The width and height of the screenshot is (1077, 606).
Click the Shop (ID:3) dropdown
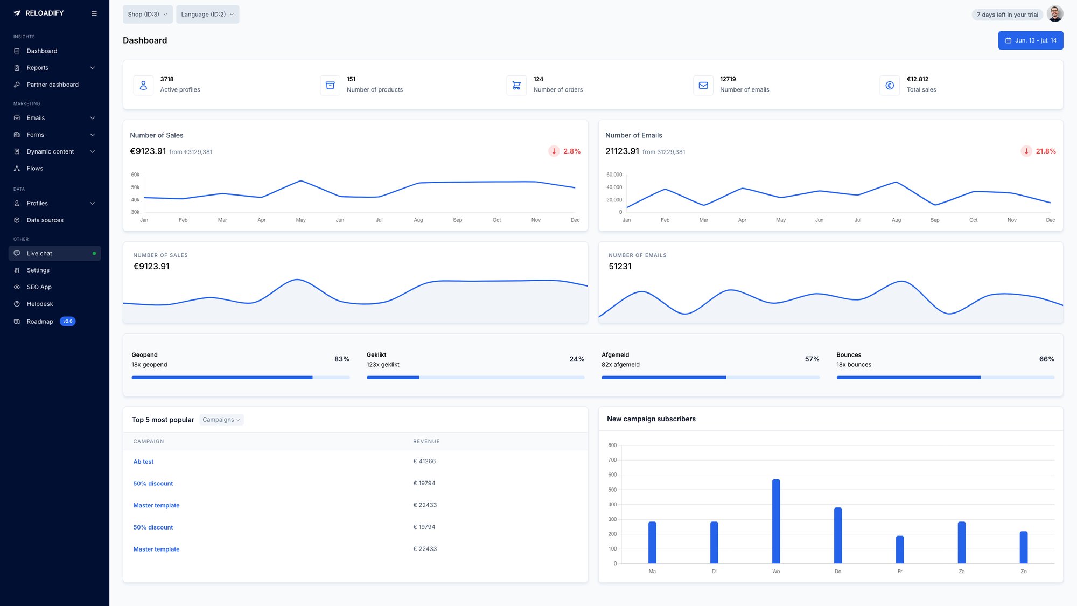[147, 15]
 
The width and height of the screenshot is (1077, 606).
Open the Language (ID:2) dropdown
[207, 15]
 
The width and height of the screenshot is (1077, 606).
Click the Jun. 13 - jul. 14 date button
[1030, 40]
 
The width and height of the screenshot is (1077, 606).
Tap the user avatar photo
[1054, 14]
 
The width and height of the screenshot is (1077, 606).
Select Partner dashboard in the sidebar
[52, 85]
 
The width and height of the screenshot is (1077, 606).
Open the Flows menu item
[35, 169]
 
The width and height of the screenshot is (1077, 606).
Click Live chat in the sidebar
[39, 253]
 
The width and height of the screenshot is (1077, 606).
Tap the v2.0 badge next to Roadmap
[67, 322]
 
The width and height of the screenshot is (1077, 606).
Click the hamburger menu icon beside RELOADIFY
[94, 13]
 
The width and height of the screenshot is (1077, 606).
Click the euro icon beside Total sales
[889, 85]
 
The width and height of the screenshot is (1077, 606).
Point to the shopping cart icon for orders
[516, 85]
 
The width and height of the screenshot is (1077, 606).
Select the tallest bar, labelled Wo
[776, 521]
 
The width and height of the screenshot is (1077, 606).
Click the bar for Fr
[899, 549]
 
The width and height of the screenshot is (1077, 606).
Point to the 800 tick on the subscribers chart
[612, 445]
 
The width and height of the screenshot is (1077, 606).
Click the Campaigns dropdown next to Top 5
[221, 420]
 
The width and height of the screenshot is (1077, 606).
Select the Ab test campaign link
[143, 462]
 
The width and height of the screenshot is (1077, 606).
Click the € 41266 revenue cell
[424, 462]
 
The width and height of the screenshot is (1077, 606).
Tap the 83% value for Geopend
[341, 359]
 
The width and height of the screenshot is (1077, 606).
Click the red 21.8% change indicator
[1045, 151]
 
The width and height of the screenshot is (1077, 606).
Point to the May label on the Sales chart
[300, 220]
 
